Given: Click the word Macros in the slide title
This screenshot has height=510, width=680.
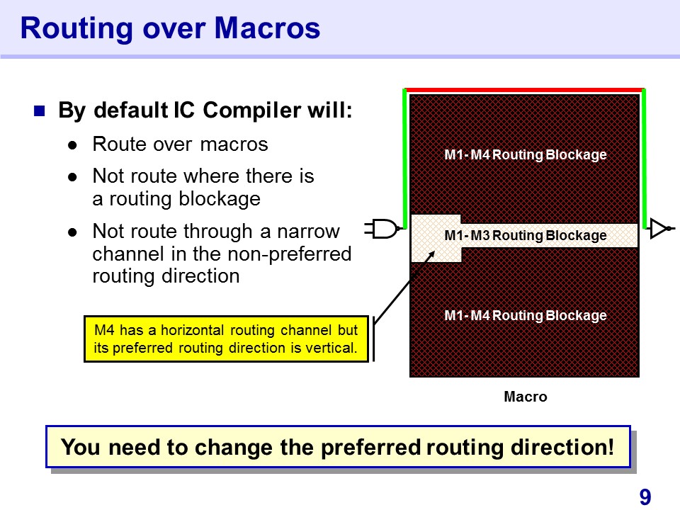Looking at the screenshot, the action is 267,28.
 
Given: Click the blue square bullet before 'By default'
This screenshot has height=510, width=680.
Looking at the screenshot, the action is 40,111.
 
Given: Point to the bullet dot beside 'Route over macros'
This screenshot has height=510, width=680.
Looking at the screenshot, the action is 72,145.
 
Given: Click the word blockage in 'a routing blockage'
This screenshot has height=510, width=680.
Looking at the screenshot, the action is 220,200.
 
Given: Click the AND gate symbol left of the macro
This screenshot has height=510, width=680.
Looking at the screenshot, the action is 382,229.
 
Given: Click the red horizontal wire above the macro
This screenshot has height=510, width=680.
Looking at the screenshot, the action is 524,90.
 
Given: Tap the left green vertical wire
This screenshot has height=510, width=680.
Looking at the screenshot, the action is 405,159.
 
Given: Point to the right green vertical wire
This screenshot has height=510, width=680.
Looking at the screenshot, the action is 644,159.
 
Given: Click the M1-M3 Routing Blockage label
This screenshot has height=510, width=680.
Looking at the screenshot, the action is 526,235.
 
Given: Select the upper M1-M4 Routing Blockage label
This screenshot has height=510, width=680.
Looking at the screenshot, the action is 526,155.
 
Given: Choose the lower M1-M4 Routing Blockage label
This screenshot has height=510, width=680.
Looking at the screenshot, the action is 526,316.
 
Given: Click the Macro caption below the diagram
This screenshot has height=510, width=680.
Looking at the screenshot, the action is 526,397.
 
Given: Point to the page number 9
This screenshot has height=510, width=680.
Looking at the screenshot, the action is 645,497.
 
